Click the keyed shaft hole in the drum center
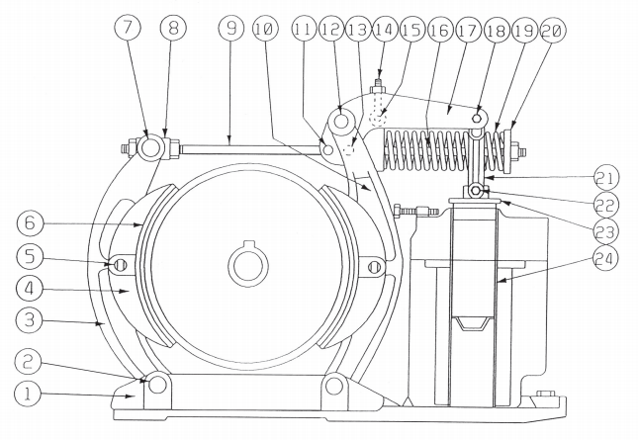tap(245, 266)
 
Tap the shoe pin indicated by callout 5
tap(119, 265)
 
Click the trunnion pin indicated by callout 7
tap(147, 149)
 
